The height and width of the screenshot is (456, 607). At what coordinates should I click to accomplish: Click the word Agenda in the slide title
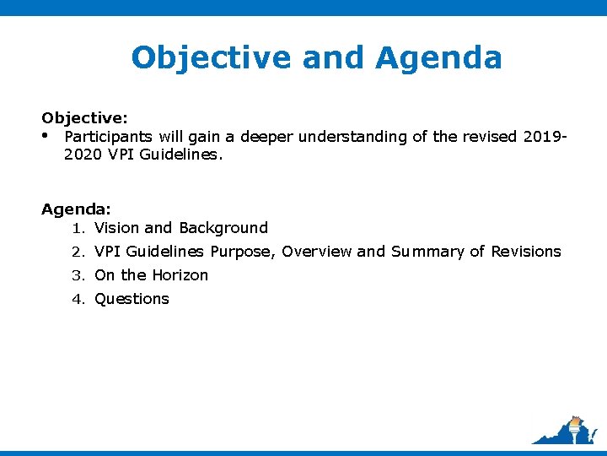click(439, 58)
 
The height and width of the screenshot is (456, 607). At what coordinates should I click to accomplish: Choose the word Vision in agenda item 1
click(117, 228)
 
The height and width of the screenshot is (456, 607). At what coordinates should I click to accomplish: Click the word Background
click(223, 228)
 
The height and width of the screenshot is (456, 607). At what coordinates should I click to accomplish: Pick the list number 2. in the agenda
click(78, 252)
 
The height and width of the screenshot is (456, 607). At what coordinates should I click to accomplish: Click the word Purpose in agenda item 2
click(242, 252)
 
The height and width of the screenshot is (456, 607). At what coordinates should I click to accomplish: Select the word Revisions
click(526, 252)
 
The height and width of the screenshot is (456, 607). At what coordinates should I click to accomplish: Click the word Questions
click(132, 299)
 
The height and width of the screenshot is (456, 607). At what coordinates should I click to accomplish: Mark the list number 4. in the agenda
click(78, 299)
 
